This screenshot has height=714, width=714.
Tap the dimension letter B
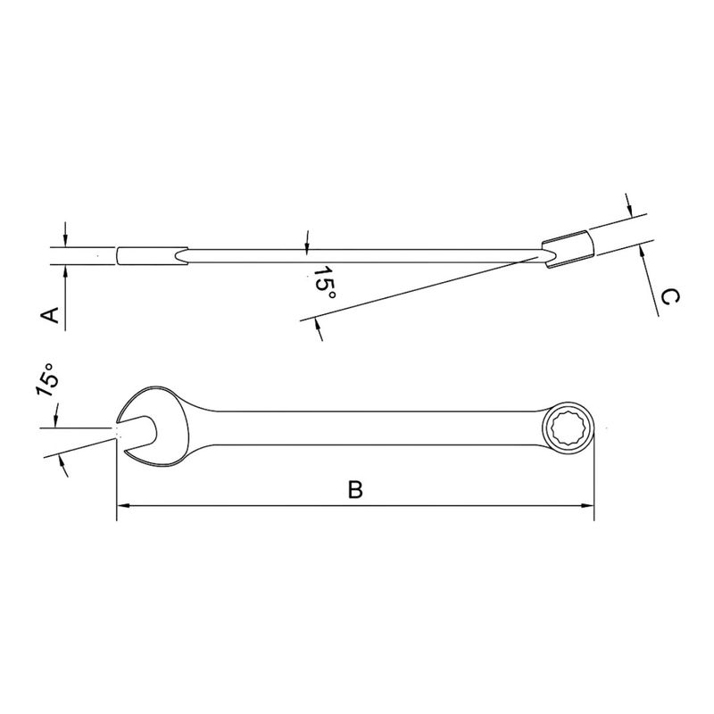354,489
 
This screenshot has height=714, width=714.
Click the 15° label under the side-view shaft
325,283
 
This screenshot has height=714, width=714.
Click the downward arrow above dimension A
65,240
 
